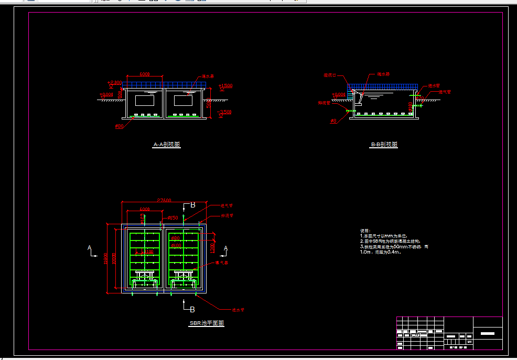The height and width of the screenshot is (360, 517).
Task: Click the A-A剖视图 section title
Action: pos(167,145)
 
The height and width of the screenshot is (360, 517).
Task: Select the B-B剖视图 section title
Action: pos(384,144)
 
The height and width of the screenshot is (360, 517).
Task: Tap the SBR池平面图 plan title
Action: pos(207,323)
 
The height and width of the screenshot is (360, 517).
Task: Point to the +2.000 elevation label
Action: pos(114,83)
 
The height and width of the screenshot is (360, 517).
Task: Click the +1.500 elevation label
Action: pos(225,85)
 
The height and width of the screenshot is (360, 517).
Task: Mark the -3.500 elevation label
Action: pos(225,112)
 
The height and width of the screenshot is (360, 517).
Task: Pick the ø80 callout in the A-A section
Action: pos(119,126)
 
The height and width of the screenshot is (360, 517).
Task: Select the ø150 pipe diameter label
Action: pos(173,217)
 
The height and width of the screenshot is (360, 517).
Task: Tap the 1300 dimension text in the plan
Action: pos(212,247)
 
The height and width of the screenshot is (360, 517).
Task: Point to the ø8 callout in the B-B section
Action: pos(333,121)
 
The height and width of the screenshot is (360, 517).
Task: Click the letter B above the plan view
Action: pos(192,205)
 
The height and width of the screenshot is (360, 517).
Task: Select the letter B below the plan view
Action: pos(192,309)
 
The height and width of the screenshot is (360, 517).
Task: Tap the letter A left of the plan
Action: pos(90,248)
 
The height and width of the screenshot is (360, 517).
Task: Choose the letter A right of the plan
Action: pos(226,248)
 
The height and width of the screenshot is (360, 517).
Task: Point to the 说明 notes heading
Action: pos(365,231)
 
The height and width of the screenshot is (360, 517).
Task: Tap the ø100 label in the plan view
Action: pos(177,245)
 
